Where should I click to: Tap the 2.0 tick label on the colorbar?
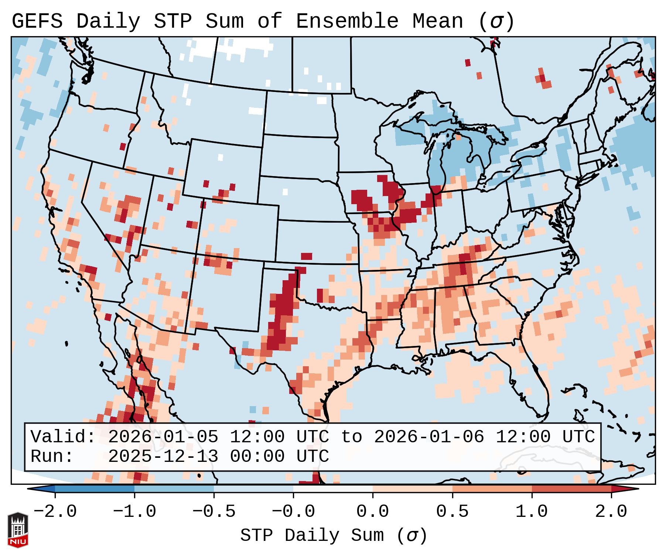click(x=611, y=512)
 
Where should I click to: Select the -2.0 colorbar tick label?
click(x=55, y=512)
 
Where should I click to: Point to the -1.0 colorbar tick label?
click(x=134, y=512)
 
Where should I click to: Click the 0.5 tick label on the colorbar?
click(x=452, y=512)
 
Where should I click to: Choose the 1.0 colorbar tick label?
click(x=532, y=512)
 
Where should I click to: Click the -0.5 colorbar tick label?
click(x=214, y=512)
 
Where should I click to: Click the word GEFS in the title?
click(x=37, y=21)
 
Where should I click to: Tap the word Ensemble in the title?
click(x=347, y=21)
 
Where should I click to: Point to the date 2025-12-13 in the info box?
click(x=163, y=456)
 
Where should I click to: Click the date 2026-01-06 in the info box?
click(x=429, y=437)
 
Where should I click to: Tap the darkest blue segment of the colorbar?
click(x=95, y=489)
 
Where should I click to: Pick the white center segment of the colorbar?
click(x=333, y=489)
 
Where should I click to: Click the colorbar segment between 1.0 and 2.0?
click(x=571, y=489)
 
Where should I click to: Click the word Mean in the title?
click(x=437, y=21)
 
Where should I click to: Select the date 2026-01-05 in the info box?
click(x=163, y=437)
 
